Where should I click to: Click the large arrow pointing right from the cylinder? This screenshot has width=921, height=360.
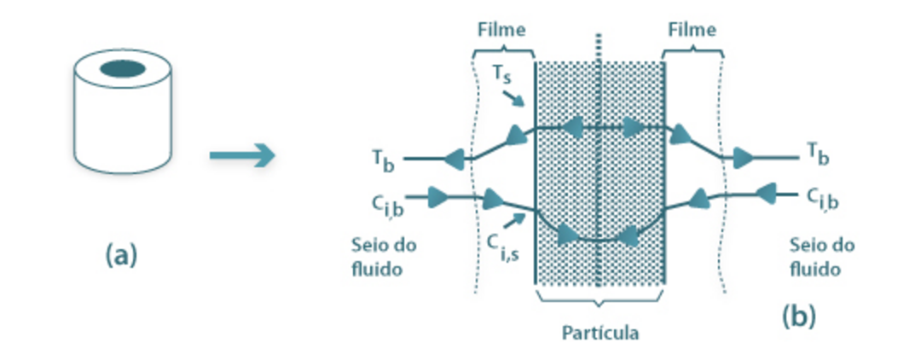(x=242, y=155)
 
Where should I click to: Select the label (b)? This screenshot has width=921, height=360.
(x=798, y=316)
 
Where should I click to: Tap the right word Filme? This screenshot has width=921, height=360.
(x=691, y=30)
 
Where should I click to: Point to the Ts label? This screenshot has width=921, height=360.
(x=501, y=75)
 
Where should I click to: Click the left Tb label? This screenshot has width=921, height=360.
(x=382, y=158)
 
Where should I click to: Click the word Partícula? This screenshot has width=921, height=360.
(x=600, y=332)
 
